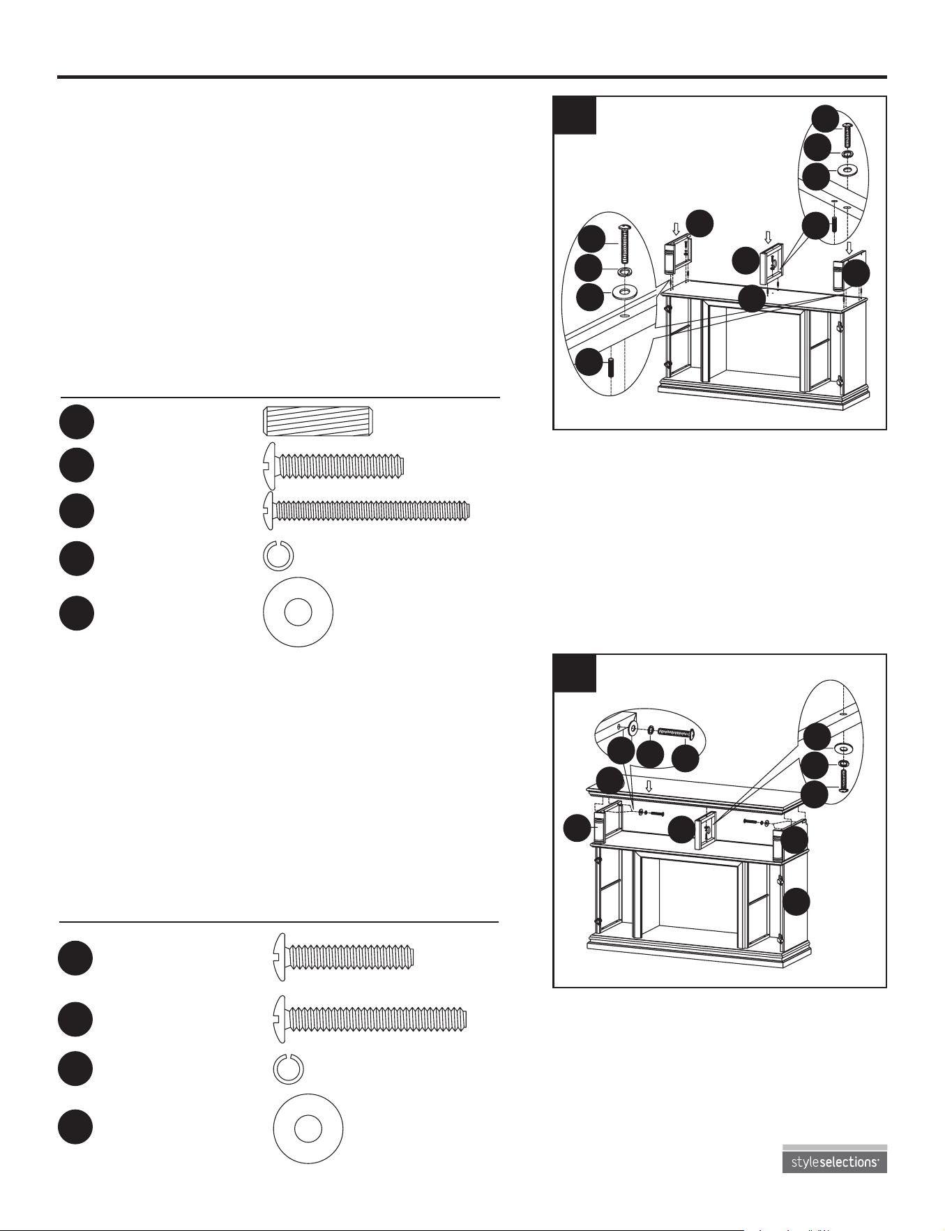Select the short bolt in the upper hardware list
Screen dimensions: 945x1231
pyautogui.click(x=333, y=466)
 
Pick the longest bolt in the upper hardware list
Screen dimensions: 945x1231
pyautogui.click(x=366, y=511)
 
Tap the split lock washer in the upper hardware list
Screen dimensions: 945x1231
pyautogui.click(x=278, y=556)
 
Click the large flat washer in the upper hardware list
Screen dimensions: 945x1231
pyautogui.click(x=298, y=612)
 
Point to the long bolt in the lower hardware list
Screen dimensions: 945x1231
pyautogui.click(x=370, y=1019)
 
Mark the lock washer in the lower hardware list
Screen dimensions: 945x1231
pyautogui.click(x=287, y=1068)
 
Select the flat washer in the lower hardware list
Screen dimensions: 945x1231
pyautogui.click(x=308, y=1128)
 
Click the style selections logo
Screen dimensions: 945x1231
pyautogui.click(x=834, y=1158)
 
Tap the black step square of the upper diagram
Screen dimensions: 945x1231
pyautogui.click(x=575, y=115)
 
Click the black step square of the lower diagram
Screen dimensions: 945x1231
pyautogui.click(x=575, y=673)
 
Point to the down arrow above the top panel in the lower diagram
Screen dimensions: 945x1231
pyautogui.click(x=649, y=786)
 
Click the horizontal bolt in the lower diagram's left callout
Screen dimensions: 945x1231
pyautogui.click(x=674, y=732)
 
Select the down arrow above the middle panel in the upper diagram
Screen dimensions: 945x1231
pyautogui.click(x=769, y=237)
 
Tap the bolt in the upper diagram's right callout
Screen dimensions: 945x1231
pyautogui.click(x=847, y=134)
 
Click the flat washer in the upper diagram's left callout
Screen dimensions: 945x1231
pyautogui.click(x=625, y=291)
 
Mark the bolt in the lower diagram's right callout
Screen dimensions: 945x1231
pyautogui.click(x=843, y=781)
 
